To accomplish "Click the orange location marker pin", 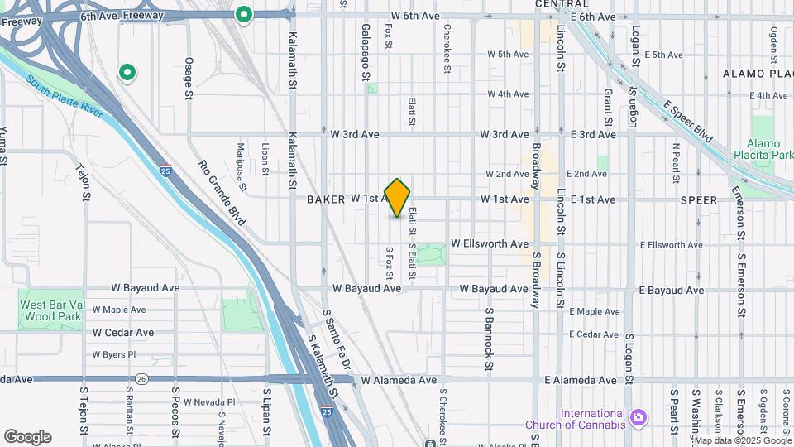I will pos(398,198).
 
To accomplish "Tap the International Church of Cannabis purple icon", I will pos(637,416).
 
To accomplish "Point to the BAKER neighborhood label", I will pos(325,199).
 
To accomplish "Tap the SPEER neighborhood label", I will pos(699,199).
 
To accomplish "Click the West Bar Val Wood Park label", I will pos(50,310).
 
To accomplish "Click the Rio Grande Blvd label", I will pos(223,192).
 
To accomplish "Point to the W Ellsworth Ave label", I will pos(490,244).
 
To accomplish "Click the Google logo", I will pos(27,437).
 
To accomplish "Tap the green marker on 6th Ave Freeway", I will pos(243,14).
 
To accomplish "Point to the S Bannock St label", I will pos(490,339).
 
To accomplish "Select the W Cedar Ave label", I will pos(123,333).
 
